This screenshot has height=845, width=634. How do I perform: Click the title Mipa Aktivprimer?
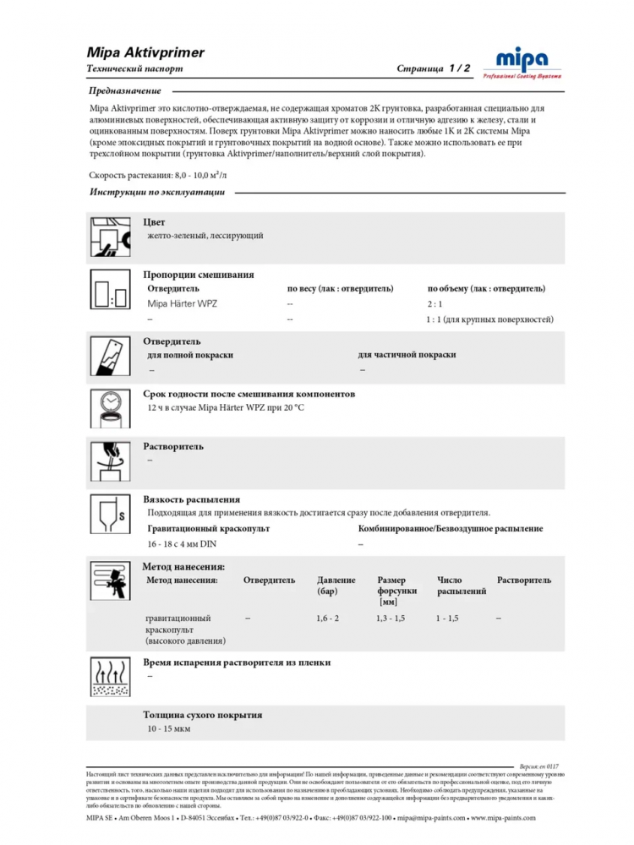coord(145,52)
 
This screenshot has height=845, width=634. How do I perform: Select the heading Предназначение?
coord(124,90)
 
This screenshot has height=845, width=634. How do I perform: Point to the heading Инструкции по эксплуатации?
coord(156,193)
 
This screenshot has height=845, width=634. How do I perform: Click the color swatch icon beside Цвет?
coord(109,237)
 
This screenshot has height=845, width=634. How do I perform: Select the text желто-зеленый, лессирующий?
coord(205,236)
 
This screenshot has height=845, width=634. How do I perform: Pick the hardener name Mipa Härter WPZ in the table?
coord(183,303)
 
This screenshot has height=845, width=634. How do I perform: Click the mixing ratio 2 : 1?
coord(435,303)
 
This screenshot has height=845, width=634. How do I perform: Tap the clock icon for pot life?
coord(109,406)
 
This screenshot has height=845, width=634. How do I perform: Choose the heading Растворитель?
coord(173,446)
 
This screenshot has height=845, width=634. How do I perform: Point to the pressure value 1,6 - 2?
coord(328,619)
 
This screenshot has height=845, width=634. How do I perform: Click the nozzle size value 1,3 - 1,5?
coord(391,619)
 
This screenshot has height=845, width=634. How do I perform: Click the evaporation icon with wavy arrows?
coord(109,677)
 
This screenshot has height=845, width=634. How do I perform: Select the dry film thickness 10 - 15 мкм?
coord(169,728)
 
